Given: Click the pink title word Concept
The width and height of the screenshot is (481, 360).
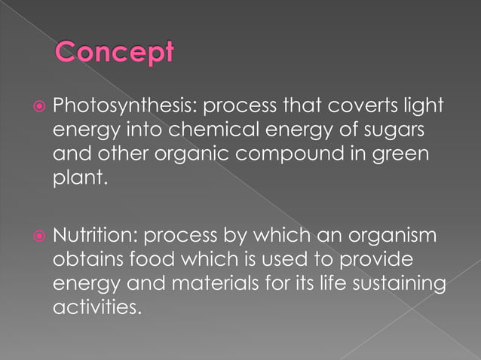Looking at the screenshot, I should [115, 52].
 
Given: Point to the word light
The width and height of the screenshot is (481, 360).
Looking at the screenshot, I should [422, 107].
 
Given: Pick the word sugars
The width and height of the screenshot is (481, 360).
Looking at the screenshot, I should [400, 132].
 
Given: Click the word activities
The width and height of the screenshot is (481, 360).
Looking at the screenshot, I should [96, 308].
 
